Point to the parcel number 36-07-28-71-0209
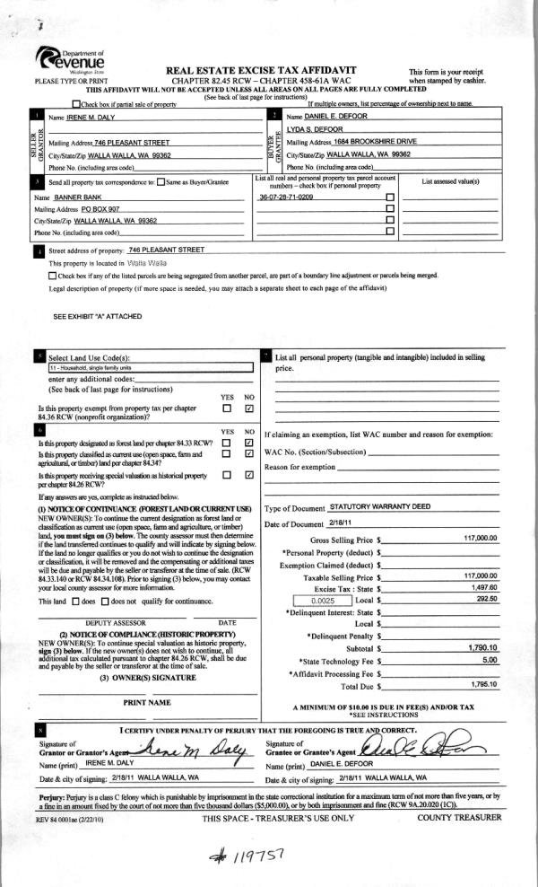coord(285,197)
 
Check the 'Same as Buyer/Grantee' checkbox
coord(161,182)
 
